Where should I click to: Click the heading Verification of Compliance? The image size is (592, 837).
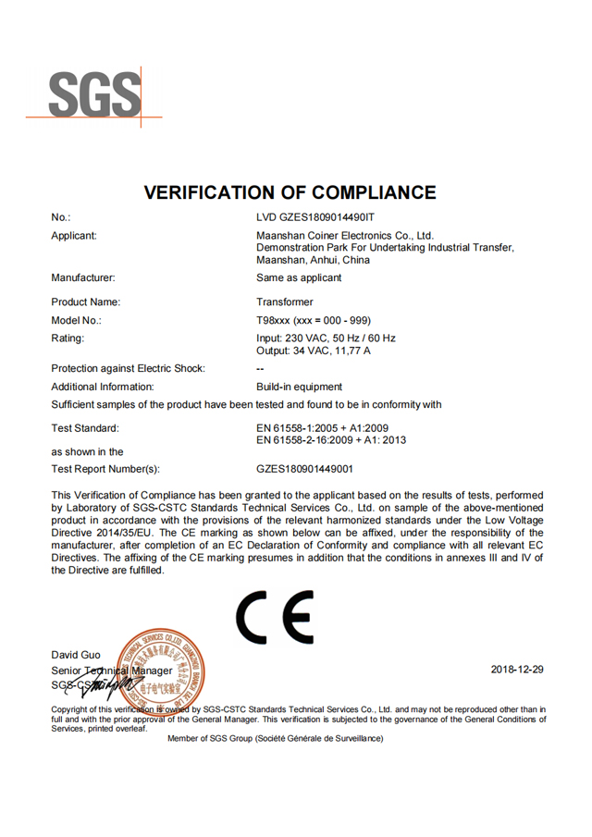290,192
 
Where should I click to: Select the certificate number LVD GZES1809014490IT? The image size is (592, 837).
315,217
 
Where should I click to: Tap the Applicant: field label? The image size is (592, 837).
74,236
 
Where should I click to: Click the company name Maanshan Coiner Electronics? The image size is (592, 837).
345,236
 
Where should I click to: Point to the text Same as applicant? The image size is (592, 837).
299,277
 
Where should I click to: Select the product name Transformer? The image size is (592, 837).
285,302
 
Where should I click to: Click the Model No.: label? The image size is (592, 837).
77,320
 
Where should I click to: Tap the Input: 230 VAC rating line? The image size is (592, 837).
326,338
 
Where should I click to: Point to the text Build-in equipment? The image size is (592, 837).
299,387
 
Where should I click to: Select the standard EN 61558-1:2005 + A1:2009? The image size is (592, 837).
322,428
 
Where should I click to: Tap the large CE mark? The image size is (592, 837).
274,618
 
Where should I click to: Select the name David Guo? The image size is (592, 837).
76,655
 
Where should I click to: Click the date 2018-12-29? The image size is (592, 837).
516,669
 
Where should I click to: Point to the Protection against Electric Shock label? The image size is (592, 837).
129,368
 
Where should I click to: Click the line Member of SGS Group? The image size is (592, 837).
275,738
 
